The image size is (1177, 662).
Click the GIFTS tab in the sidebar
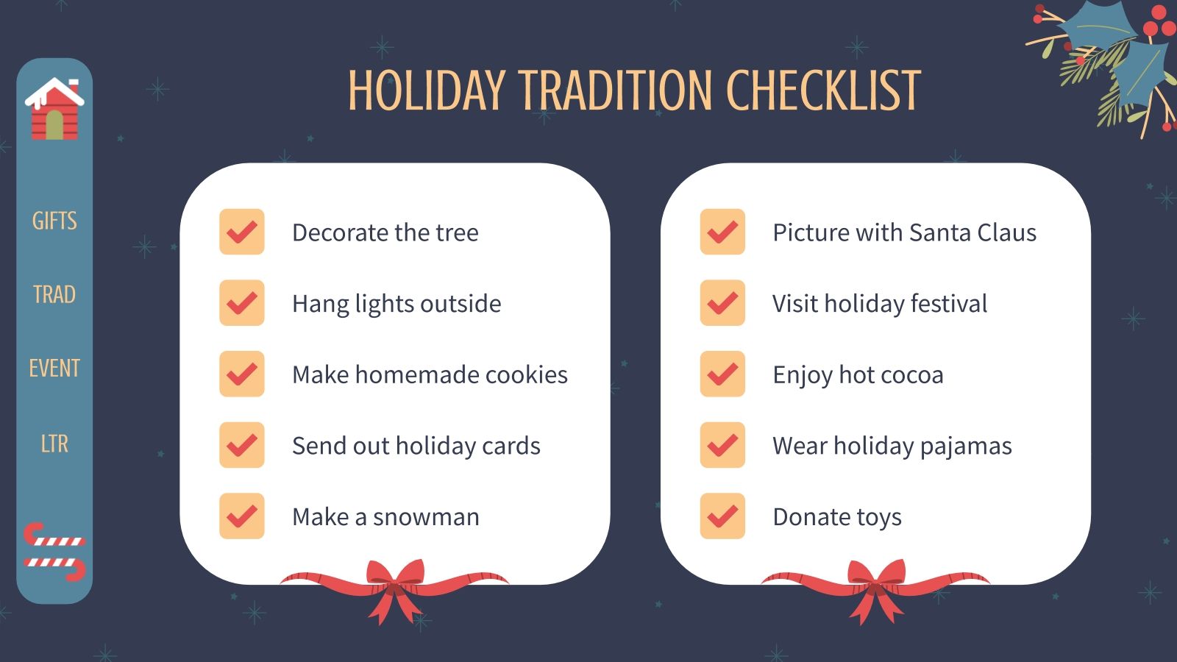[54, 221]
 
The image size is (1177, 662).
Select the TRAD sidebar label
[54, 294]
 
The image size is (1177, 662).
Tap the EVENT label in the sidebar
[54, 368]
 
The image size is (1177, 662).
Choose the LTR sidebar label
[54, 444]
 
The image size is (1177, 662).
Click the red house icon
[54, 110]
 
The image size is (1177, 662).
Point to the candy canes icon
[54, 552]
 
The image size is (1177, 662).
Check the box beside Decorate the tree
[242, 232]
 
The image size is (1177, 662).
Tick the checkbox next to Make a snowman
[242, 516]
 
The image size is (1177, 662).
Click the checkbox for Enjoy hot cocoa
[722, 374]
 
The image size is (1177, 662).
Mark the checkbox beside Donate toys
[722, 516]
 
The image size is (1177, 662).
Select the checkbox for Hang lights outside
[242, 303]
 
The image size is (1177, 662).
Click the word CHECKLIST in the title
[823, 91]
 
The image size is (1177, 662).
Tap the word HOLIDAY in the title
[427, 91]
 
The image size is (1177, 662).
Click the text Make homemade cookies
[430, 375]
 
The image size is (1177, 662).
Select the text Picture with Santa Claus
[904, 233]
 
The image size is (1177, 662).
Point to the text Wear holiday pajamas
[892, 446]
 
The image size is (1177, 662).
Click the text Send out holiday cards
[416, 446]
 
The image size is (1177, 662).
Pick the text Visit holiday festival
[880, 304]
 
